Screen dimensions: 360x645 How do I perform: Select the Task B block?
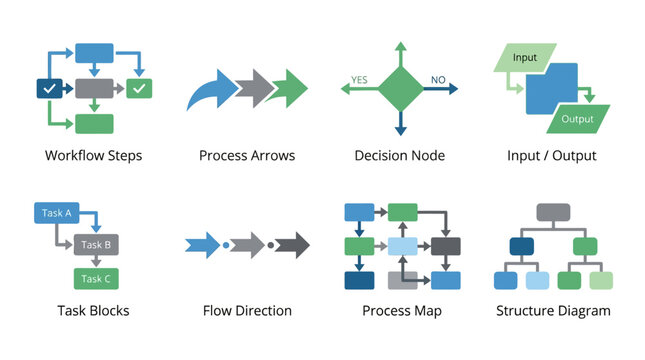point(96,244)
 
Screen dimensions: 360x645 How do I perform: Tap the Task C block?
point(96,279)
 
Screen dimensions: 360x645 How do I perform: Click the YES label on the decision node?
point(359,79)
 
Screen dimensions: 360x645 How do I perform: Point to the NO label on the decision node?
point(438,79)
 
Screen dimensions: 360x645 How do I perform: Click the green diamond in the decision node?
point(400,89)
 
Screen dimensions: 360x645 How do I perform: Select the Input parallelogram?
point(525,57)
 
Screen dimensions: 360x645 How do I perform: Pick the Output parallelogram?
point(576,119)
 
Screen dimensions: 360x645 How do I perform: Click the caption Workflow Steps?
point(93,156)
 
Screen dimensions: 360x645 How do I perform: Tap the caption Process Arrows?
point(246,156)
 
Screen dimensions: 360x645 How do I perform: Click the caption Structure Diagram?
point(553,311)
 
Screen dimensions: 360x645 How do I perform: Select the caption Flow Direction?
point(247,311)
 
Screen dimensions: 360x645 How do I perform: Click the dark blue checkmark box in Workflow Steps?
point(48,89)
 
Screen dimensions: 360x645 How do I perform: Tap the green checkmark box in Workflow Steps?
point(140,89)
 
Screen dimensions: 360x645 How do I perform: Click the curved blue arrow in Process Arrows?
point(210,92)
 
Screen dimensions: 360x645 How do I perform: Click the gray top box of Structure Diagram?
point(553,212)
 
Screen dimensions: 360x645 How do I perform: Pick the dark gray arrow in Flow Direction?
point(293,245)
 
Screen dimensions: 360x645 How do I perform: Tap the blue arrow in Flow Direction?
point(202,245)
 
